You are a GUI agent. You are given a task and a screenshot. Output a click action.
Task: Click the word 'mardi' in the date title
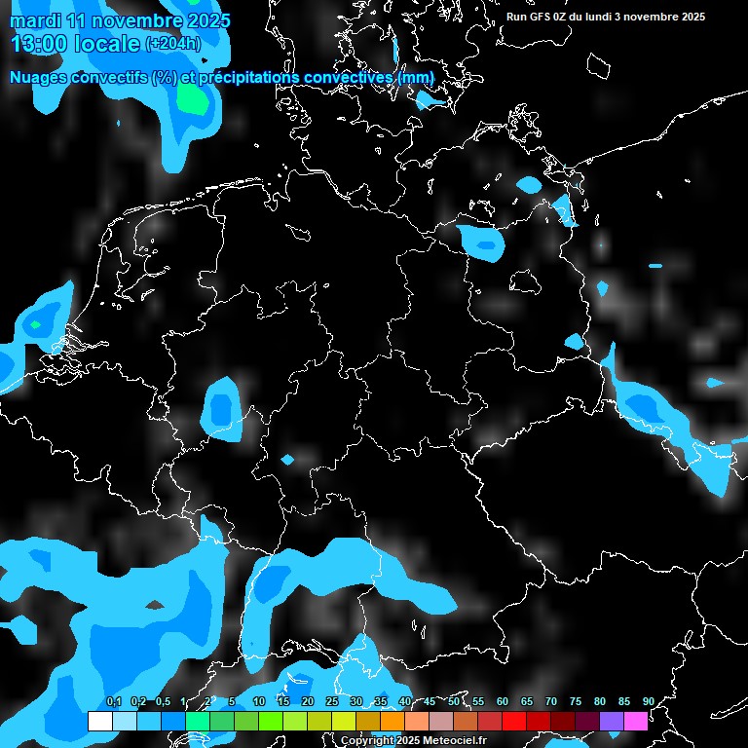pyautogui.click(x=35, y=20)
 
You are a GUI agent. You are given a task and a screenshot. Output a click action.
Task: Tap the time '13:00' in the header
pyautogui.click(x=40, y=44)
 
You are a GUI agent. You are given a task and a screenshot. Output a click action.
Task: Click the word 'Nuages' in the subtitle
pyautogui.click(x=38, y=77)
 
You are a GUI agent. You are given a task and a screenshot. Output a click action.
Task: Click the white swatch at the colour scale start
pyautogui.click(x=99, y=721)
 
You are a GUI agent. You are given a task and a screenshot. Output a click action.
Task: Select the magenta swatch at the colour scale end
pyautogui.click(x=635, y=721)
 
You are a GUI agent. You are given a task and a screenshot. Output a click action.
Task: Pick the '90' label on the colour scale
pyautogui.click(x=648, y=702)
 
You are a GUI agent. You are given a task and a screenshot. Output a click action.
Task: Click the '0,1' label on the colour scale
pyautogui.click(x=114, y=702)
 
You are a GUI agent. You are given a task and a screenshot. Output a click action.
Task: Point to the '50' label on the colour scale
pyautogui.click(x=454, y=702)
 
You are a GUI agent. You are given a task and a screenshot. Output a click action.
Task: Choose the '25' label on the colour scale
pyautogui.click(x=332, y=702)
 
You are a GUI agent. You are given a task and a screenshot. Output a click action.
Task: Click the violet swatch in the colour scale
pyautogui.click(x=611, y=721)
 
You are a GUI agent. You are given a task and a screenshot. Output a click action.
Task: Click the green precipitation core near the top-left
pyautogui.click(x=195, y=100)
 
